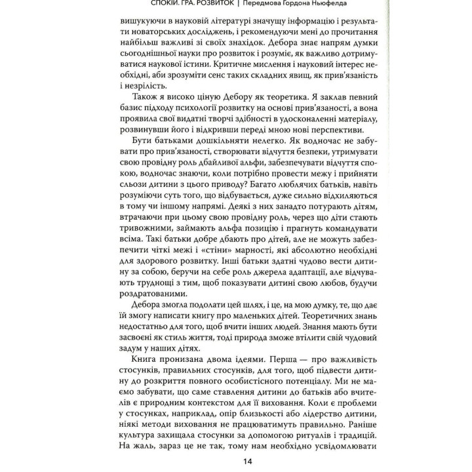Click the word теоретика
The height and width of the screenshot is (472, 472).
[250, 99]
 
